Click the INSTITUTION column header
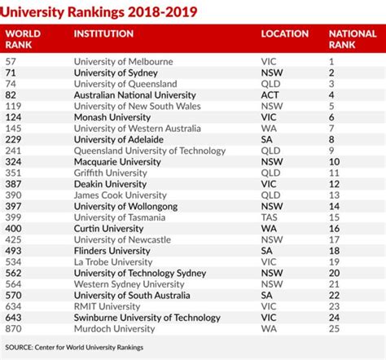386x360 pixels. (103, 33)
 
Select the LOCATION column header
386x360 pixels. (285, 33)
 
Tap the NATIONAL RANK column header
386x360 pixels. (353, 39)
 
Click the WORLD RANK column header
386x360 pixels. (23, 39)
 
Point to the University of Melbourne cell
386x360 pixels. (123, 62)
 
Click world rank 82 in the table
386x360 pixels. (11, 95)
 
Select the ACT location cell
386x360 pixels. (270, 95)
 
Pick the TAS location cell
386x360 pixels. (270, 217)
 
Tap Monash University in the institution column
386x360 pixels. (112, 117)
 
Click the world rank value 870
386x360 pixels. (13, 329)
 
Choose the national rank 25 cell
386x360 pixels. (334, 329)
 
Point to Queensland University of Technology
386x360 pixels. (150, 151)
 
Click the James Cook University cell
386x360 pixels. (121, 195)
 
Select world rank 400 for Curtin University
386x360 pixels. (13, 229)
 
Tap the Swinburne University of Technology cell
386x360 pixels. (147, 318)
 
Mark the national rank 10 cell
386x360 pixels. (334, 162)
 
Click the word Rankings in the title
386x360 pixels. (96, 12)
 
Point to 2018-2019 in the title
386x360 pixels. (162, 12)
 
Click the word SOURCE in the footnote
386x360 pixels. (19, 348)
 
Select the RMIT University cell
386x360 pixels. (107, 306)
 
